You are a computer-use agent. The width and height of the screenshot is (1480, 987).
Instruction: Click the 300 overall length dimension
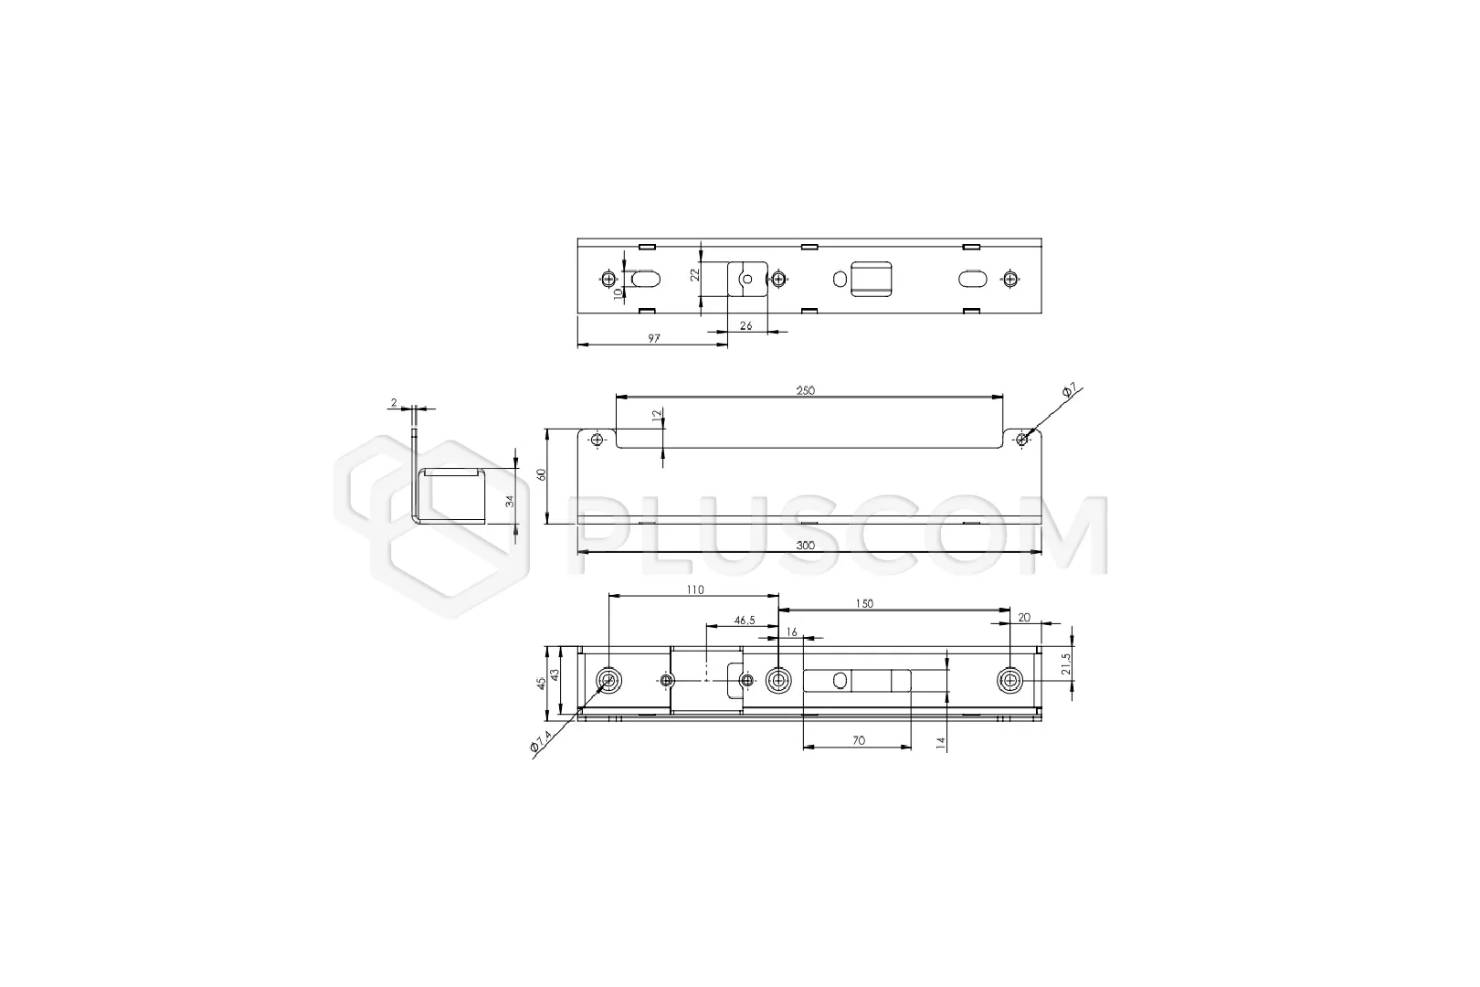tap(806, 546)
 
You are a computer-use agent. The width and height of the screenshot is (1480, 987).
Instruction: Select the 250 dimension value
tap(806, 391)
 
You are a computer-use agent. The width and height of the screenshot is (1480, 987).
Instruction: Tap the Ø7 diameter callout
tap(1069, 391)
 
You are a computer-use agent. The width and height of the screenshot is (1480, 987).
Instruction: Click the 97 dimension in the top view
tap(653, 338)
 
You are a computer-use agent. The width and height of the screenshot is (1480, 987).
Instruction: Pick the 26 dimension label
tap(746, 325)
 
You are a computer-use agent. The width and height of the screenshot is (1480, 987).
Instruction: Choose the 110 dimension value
tap(695, 589)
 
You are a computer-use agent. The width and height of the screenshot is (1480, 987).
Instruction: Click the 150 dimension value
tap(864, 603)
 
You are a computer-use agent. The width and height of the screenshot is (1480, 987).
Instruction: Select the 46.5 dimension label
tap(745, 621)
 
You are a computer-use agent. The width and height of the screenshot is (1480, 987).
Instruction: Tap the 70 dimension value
tap(858, 740)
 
